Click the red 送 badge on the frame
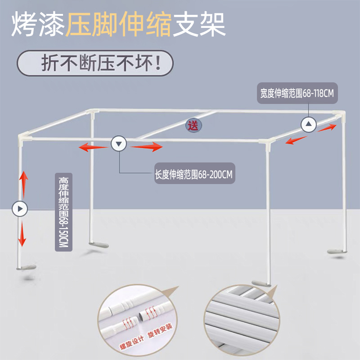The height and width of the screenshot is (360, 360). [x=194, y=125]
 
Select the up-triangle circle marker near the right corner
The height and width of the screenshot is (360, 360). [x=309, y=125]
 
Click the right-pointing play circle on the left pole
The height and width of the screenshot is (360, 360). [x=20, y=208]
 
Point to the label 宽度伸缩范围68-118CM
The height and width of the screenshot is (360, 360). [x=297, y=93]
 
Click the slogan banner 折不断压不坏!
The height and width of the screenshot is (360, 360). [x=95, y=63]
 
